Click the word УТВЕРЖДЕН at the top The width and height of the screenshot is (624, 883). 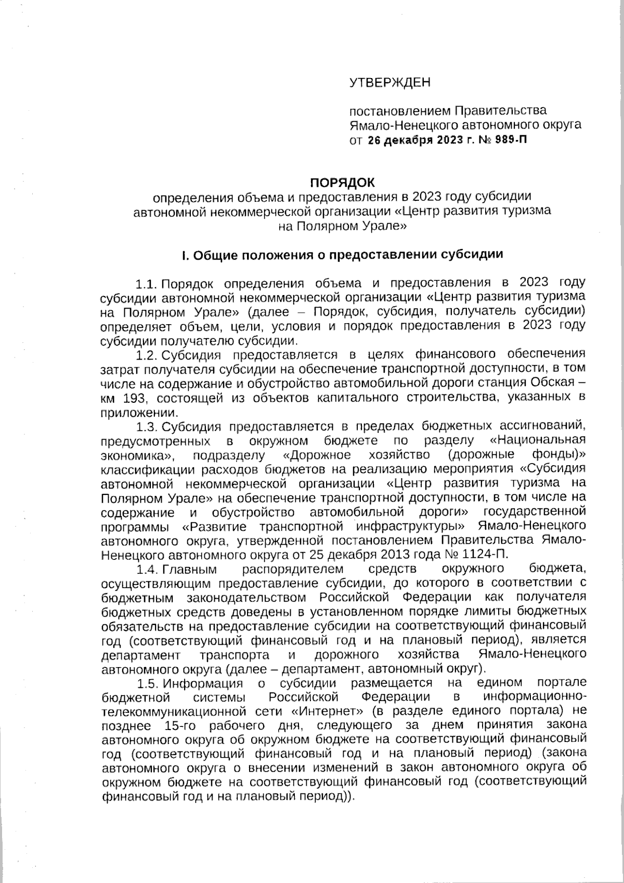point(389,83)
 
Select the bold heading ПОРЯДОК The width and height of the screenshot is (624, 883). point(342,183)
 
